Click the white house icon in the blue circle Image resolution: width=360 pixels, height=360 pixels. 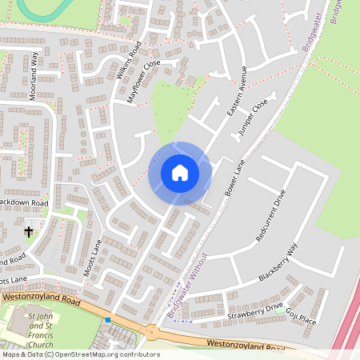point(180,172)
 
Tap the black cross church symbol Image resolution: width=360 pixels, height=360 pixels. point(29,232)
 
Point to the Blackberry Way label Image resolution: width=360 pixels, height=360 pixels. point(278,262)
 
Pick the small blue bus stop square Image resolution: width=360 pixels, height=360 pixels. point(107,320)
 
